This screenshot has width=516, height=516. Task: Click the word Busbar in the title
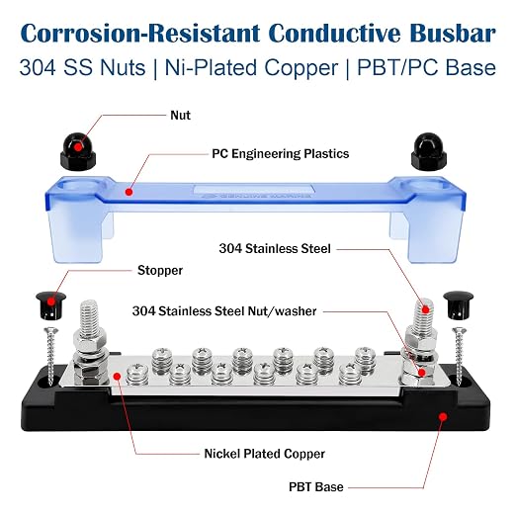(453, 33)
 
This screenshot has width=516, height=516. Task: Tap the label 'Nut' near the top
(180, 116)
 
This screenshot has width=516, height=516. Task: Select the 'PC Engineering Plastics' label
(281, 154)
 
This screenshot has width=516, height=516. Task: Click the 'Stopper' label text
(160, 270)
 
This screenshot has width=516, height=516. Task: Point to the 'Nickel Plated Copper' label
(265, 454)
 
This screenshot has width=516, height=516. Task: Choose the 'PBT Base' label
(316, 487)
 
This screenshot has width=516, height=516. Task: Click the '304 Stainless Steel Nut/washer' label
(224, 311)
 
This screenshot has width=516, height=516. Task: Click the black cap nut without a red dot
(429, 149)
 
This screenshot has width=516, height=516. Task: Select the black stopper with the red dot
(50, 305)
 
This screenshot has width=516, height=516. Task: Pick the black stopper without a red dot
(458, 305)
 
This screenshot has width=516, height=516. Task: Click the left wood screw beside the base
(50, 355)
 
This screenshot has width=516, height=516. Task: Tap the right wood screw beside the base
(459, 356)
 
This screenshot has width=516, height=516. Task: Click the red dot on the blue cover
(129, 192)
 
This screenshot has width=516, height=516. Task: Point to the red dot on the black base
(443, 417)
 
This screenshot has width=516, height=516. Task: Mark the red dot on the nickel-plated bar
(117, 376)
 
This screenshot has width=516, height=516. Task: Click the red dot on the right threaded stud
(426, 309)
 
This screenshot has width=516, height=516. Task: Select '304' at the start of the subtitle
(38, 68)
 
